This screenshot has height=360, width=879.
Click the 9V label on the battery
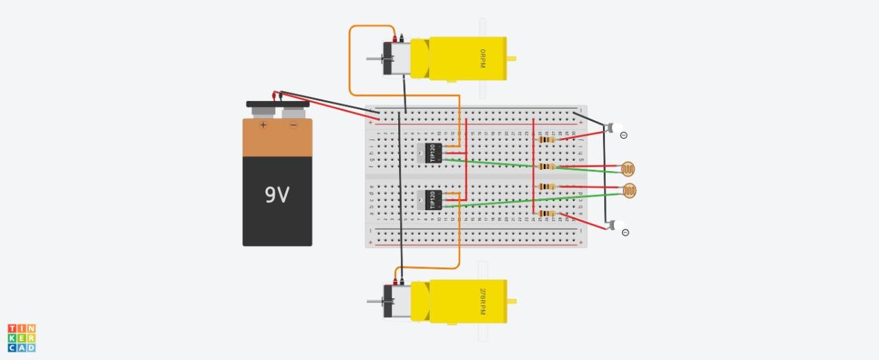tap(277, 195)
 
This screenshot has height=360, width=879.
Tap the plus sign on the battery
tap(262, 125)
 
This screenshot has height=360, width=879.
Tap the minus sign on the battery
tap(293, 125)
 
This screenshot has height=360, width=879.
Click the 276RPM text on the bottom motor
tap(483, 302)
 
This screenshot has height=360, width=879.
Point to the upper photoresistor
tap(628, 168)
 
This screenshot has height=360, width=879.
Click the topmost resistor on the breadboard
tap(547, 139)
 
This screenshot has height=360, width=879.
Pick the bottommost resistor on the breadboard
tap(547, 213)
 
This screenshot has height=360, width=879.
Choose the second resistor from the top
tap(547, 166)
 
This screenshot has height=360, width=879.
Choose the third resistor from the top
tap(547, 186)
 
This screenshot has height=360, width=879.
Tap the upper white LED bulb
tap(617, 128)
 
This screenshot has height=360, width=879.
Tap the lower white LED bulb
tap(619, 225)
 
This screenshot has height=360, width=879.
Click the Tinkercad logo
tap(21, 338)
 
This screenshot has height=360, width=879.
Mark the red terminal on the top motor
tap(394, 38)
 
